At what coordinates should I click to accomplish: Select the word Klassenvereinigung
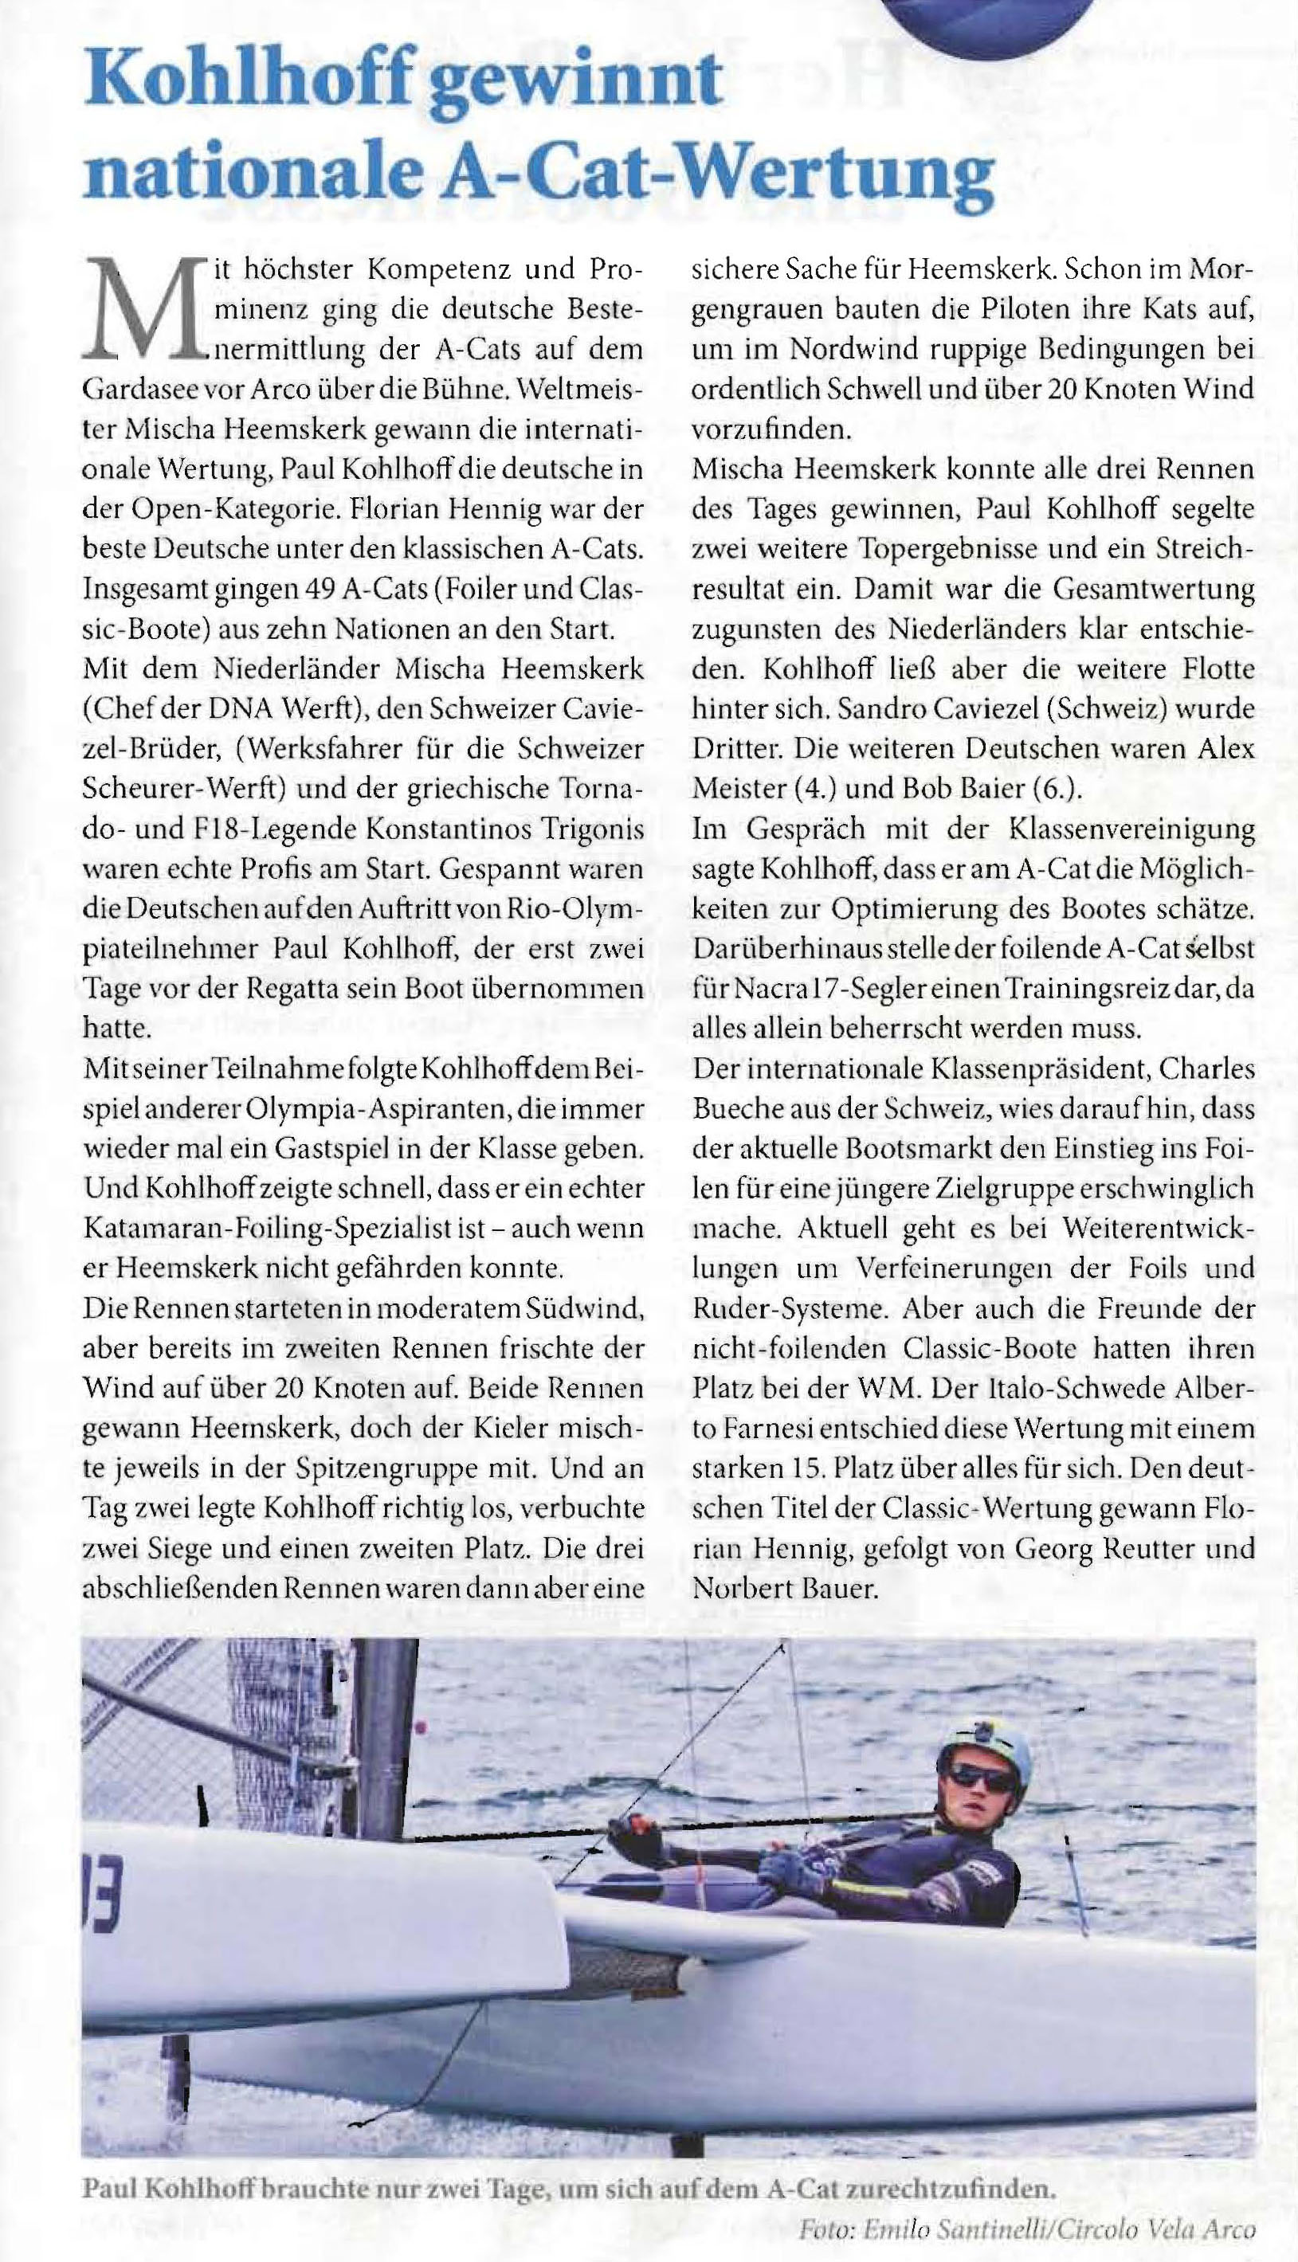(1132, 829)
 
